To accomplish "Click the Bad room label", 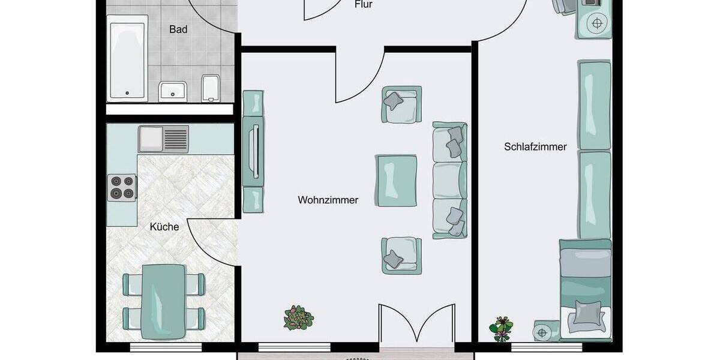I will [x=178, y=29].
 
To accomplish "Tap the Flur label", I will [x=364, y=5].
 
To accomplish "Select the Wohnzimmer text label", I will [x=328, y=200].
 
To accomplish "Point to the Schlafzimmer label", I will [x=535, y=147].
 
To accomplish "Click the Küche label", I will [x=164, y=227].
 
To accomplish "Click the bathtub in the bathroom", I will [x=127, y=58].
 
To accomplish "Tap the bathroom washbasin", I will [x=174, y=91].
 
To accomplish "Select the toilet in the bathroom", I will [x=211, y=88].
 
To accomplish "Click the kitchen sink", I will [x=163, y=139].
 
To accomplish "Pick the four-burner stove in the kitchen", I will [x=122, y=187].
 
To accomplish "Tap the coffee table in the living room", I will [x=397, y=180].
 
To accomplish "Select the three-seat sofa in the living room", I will [x=449, y=180].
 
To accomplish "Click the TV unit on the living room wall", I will [x=253, y=151].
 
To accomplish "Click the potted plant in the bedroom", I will [x=500, y=327].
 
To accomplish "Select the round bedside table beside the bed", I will [x=543, y=331].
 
